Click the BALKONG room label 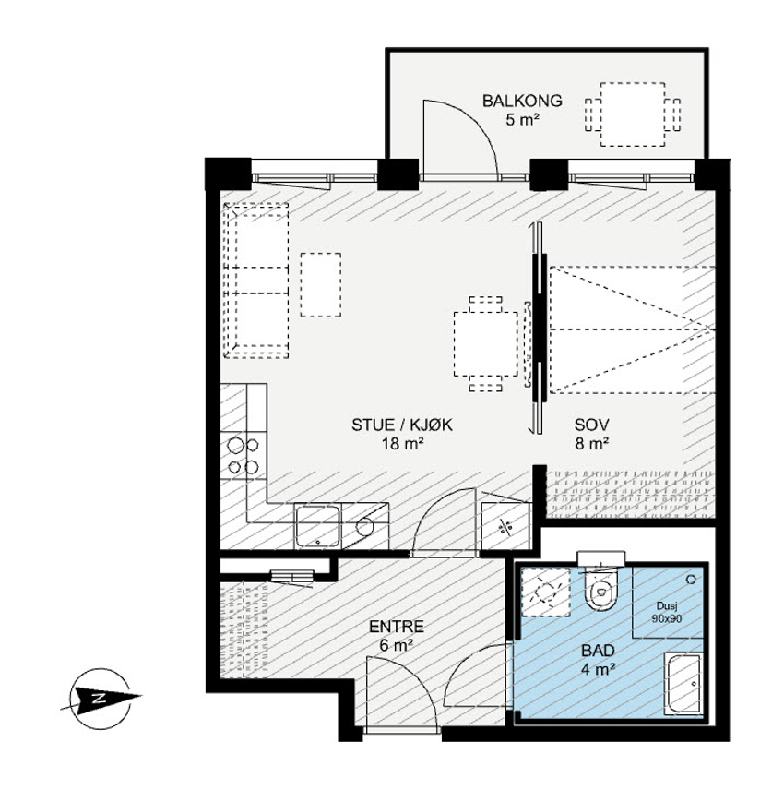(x=522, y=101)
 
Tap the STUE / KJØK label (x=402, y=425)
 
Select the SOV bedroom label (x=591, y=425)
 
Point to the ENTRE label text (x=396, y=627)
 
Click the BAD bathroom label (x=598, y=651)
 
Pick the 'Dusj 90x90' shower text (x=667, y=612)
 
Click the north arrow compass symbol (x=101, y=698)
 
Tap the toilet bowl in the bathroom (x=601, y=592)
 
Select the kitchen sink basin (x=317, y=525)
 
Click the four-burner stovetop (x=244, y=456)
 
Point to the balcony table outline (x=633, y=114)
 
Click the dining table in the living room (x=485, y=344)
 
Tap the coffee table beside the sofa (x=320, y=285)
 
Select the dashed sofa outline (x=256, y=281)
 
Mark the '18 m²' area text (x=403, y=443)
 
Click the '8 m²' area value (x=591, y=443)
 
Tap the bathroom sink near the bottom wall (x=683, y=684)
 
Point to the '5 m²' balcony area (x=522, y=120)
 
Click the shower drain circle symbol (x=691, y=579)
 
